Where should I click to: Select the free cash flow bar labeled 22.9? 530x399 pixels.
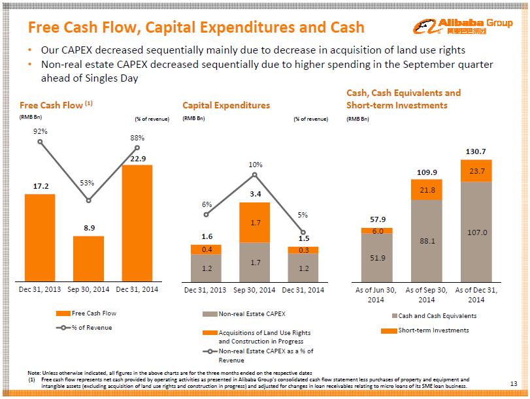click(x=137, y=222)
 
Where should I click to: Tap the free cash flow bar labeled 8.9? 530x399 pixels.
click(x=88, y=258)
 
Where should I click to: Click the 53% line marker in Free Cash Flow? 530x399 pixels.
click(x=88, y=200)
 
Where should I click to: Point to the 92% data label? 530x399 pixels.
click(x=40, y=131)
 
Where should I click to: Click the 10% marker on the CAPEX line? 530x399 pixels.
click(x=255, y=174)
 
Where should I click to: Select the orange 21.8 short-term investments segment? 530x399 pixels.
click(x=426, y=190)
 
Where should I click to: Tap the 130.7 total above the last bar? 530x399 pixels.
click(x=476, y=152)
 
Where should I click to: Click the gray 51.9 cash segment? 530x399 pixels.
click(x=376, y=257)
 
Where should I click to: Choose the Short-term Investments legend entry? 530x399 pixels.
click(x=433, y=330)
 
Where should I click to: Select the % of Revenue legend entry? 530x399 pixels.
click(x=91, y=327)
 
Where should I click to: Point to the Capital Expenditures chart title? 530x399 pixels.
click(x=226, y=104)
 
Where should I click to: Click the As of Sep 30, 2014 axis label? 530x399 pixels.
click(x=426, y=295)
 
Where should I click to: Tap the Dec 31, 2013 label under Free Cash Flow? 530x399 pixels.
click(x=41, y=289)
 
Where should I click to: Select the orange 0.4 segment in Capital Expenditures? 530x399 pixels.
click(x=207, y=249)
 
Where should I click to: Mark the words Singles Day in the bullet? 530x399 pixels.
click(x=113, y=78)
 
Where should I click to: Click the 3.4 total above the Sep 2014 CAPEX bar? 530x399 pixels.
click(x=256, y=194)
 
